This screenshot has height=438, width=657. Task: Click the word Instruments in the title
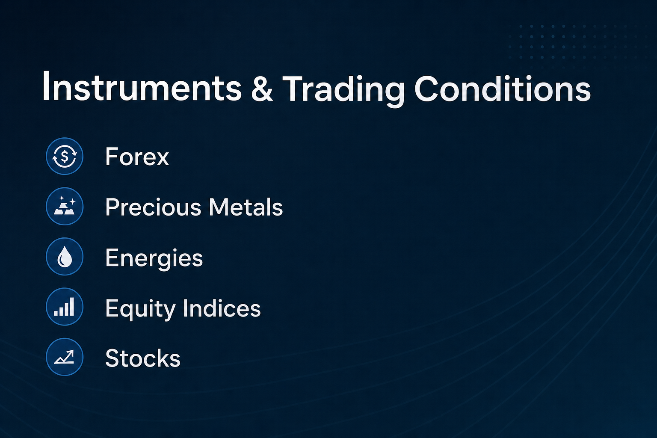[142, 87]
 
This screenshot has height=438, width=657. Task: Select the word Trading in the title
[343, 89]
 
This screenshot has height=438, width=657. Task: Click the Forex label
[137, 157]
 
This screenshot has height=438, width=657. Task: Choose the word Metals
[246, 207]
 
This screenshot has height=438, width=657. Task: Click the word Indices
[222, 308]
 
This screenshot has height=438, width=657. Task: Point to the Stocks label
[143, 358]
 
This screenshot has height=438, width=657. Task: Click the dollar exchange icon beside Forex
[65, 157]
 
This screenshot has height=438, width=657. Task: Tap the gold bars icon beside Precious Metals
[65, 206]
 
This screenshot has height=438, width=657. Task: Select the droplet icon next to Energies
[65, 256]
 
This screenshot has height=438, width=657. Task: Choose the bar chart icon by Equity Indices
[65, 307]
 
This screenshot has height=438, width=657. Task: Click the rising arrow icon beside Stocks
[65, 357]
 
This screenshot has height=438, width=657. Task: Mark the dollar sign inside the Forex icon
[65, 157]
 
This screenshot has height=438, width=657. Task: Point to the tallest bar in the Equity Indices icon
[72, 307]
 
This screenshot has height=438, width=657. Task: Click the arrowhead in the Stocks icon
[71, 353]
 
